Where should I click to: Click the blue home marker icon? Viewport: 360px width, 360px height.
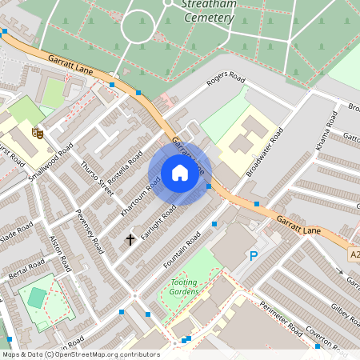click(x=180, y=174)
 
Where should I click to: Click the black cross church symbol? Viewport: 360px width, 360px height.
click(x=130, y=239)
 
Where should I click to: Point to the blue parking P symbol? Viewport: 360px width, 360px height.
click(x=254, y=256)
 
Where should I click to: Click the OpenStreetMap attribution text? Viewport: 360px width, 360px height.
click(x=80, y=354)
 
